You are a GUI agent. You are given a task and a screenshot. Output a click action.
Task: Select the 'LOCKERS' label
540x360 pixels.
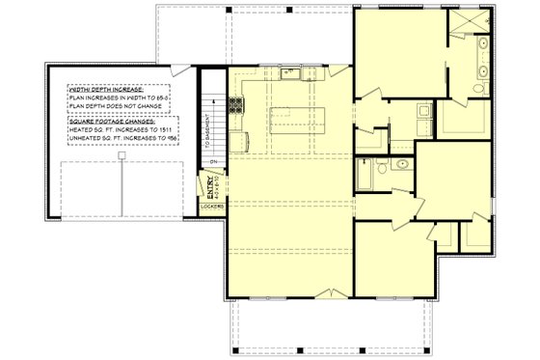[212, 207]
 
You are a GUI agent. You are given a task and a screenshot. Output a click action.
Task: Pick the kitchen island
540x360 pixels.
[297, 121]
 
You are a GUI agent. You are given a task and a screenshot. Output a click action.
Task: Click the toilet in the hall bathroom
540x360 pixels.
[383, 168]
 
